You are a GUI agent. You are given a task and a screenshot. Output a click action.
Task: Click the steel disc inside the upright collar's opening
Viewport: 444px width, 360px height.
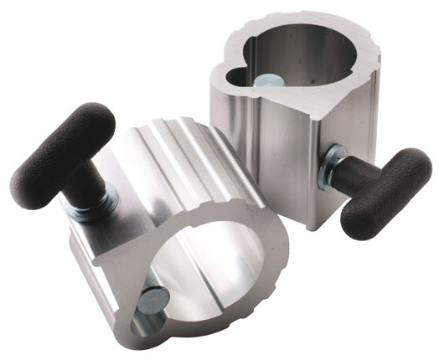(x=270, y=82)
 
